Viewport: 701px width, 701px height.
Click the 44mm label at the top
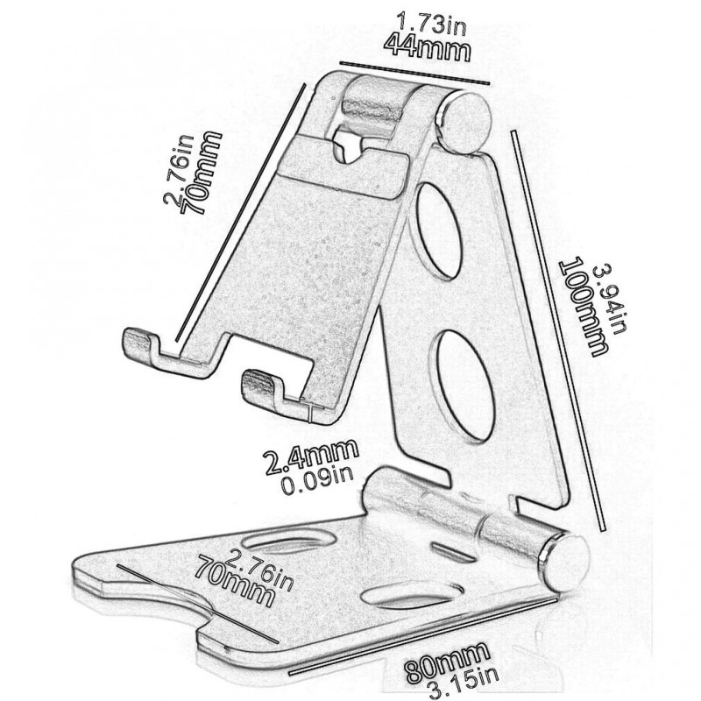click(x=427, y=45)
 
